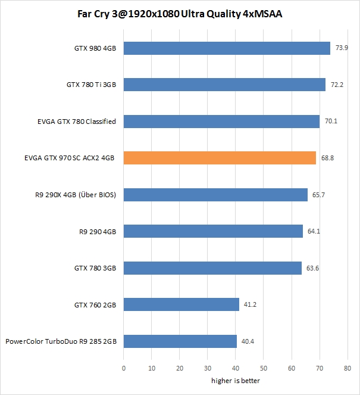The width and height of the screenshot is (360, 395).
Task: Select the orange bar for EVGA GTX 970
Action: pyautogui.click(x=220, y=157)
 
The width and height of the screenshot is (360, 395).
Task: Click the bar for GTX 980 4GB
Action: pyautogui.click(x=227, y=49)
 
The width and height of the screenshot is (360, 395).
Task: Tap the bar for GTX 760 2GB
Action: pyautogui.click(x=181, y=304)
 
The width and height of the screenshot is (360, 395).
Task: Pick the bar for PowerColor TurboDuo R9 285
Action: pyautogui.click(x=180, y=341)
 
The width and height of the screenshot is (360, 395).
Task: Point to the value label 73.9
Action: pyautogui.click(x=342, y=48)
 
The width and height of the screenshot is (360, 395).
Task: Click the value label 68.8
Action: pyautogui.click(x=327, y=158)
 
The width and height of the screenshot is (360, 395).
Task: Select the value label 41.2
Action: pyautogui.click(x=251, y=305)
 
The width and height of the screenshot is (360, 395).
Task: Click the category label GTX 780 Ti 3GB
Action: pyautogui.click(x=91, y=85)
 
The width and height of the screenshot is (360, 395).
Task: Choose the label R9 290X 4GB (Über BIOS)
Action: pyautogui.click(x=76, y=195)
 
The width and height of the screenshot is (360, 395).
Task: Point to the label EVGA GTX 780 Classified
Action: pyautogui.click(x=76, y=122)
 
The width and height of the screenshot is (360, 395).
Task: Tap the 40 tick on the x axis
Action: pyautogui.click(x=236, y=368)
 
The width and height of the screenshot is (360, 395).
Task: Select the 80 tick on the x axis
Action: pyautogui.click(x=348, y=368)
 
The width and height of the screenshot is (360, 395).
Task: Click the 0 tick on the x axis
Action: pyautogui.click(x=124, y=368)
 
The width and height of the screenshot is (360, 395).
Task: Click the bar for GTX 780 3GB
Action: pyautogui.click(x=212, y=268)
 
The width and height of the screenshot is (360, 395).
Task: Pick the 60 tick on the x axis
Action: pyautogui.click(x=292, y=368)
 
